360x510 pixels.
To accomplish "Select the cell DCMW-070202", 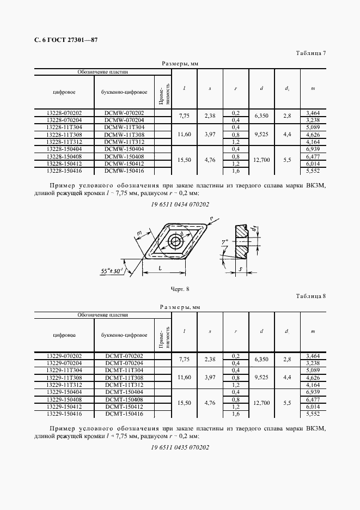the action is (x=124, y=113).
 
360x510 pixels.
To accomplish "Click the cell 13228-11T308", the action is (x=64, y=135).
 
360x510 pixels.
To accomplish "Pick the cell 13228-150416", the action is (x=64, y=171).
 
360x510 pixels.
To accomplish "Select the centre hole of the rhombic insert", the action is (x=175, y=242).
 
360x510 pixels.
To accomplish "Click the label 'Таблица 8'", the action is (x=310, y=296).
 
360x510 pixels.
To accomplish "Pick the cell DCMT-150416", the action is (x=124, y=414).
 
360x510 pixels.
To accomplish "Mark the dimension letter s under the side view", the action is (x=240, y=269).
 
